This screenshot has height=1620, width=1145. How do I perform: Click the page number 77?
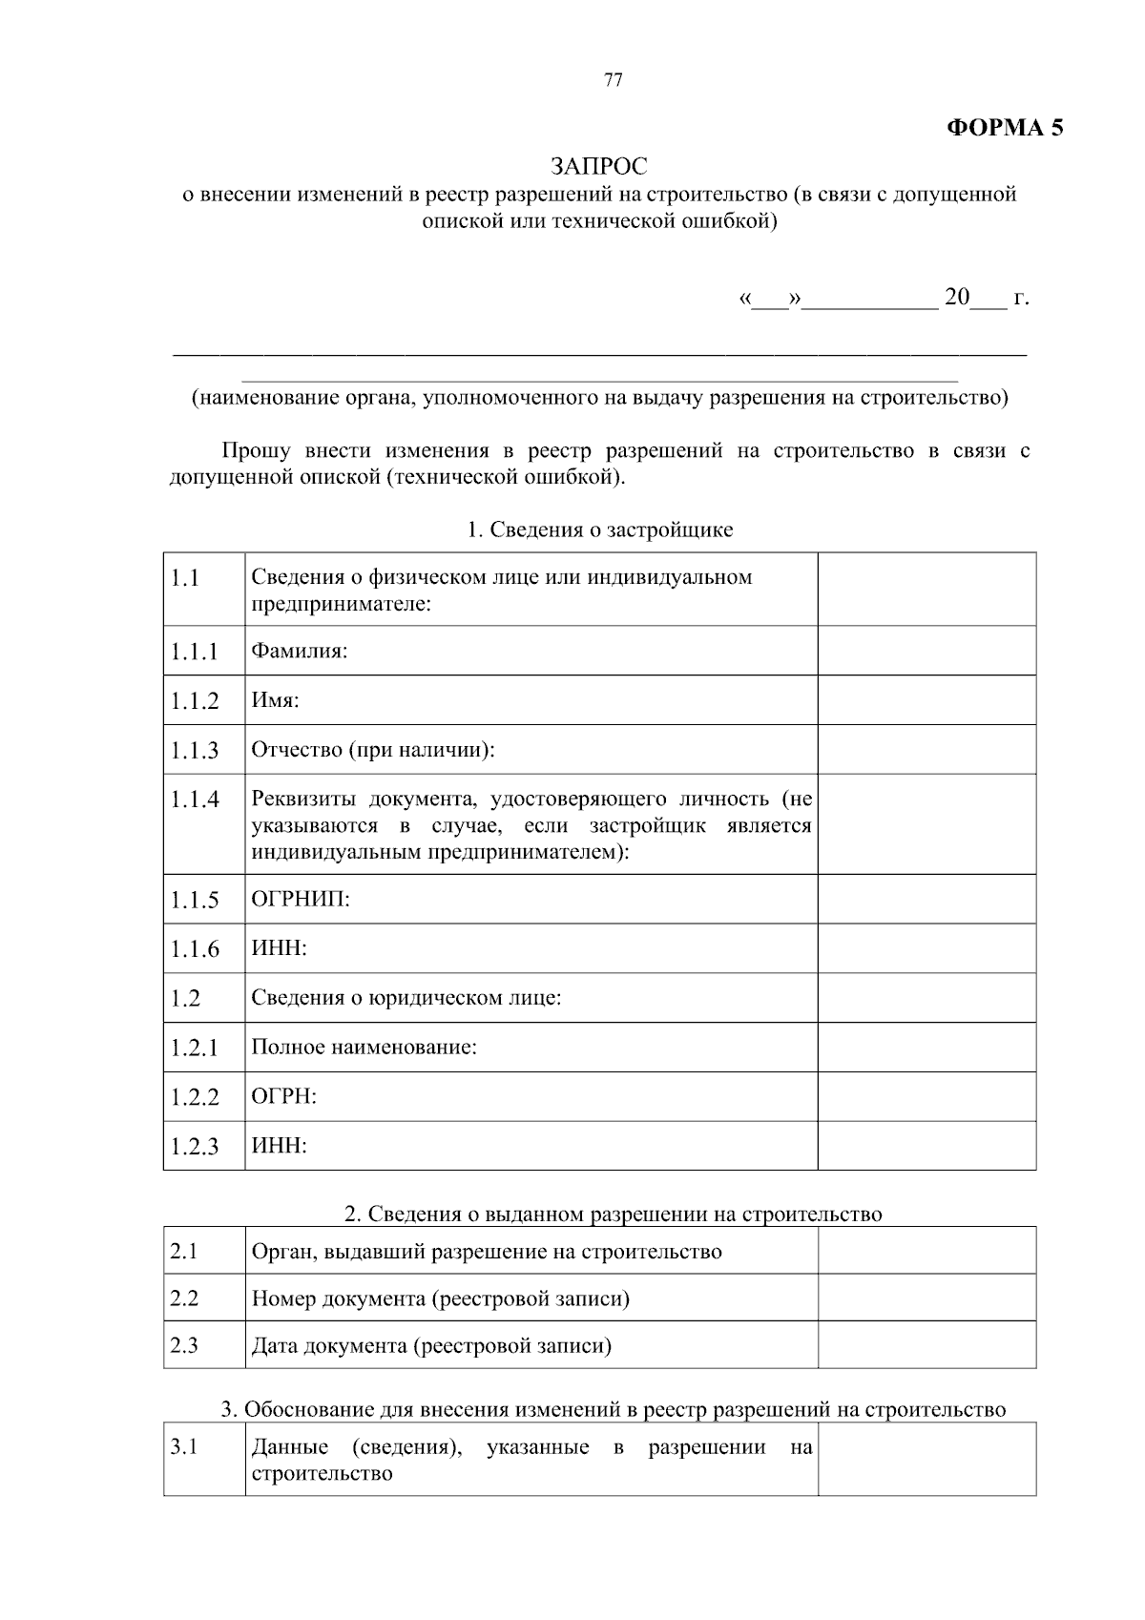click(614, 80)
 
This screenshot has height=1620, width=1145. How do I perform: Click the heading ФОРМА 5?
click(1004, 128)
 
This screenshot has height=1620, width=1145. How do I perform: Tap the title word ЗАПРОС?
click(599, 166)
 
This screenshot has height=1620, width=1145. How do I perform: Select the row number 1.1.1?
click(195, 652)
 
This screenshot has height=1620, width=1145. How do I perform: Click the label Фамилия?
click(299, 652)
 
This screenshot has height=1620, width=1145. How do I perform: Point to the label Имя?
click(275, 701)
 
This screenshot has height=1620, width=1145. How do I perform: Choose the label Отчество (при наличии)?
click(373, 750)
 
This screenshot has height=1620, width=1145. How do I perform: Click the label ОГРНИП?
click(301, 900)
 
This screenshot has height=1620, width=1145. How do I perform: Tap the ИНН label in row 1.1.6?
click(279, 949)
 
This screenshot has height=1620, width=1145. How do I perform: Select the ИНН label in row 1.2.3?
click(279, 1146)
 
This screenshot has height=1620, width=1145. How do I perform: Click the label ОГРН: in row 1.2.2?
click(283, 1097)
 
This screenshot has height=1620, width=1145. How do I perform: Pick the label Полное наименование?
click(364, 1048)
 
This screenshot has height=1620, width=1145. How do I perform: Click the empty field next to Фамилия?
click(926, 652)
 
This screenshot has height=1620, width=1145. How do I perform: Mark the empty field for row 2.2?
click(926, 1298)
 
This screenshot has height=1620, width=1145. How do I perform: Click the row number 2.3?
click(184, 1345)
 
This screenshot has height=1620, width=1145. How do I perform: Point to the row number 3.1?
click(184, 1447)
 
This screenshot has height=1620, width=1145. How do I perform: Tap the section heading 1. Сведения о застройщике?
click(599, 530)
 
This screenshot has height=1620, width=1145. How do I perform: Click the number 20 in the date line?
click(956, 298)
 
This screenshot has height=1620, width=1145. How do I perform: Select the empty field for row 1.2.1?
click(926, 1048)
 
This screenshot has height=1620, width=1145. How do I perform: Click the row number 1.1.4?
click(195, 800)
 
